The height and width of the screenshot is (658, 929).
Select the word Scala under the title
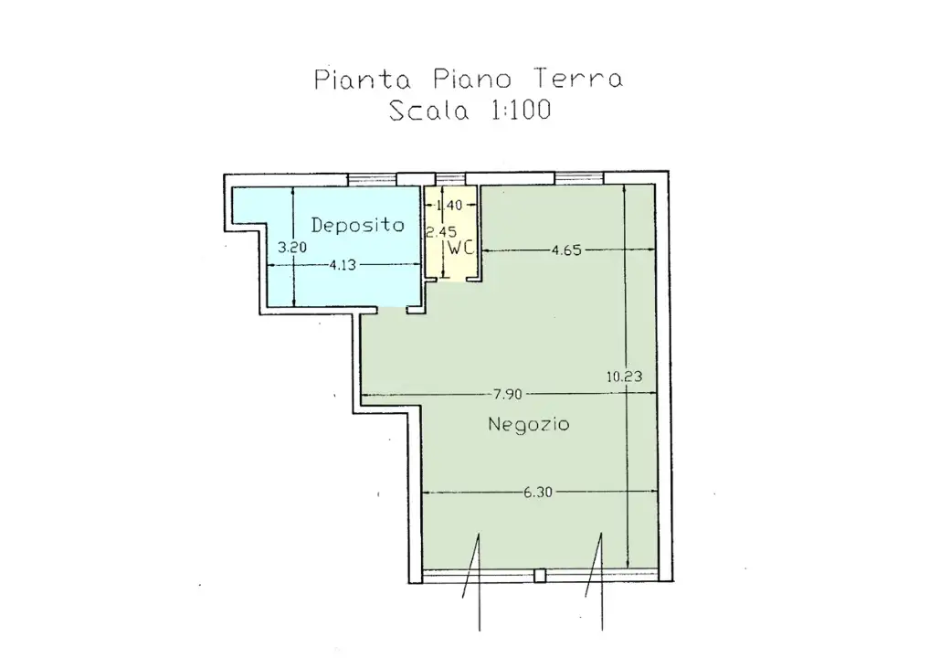tap(428, 111)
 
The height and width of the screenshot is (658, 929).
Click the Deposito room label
tap(357, 225)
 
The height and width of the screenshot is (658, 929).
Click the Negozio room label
tap(528, 424)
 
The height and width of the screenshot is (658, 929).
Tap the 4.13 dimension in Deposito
tap(342, 266)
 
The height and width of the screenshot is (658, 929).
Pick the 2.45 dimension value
tap(435, 232)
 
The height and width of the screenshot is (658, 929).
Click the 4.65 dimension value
tap(567, 249)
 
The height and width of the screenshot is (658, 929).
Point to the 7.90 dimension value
tap(507, 395)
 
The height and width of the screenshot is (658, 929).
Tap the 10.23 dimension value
tap(623, 375)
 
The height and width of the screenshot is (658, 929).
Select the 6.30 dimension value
tap(537, 493)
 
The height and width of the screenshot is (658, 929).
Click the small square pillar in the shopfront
tap(540, 576)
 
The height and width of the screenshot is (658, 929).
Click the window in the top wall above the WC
tap(449, 178)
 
